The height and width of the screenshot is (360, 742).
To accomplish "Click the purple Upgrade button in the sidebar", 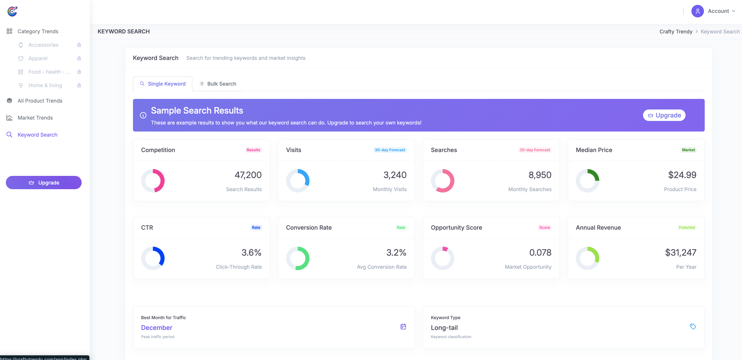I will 44,183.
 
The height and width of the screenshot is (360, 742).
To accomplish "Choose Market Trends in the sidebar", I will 35,118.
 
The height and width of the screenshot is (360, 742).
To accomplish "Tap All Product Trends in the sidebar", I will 40,101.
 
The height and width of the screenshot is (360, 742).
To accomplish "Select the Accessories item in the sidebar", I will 43,45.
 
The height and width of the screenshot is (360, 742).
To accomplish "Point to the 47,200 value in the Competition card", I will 248,175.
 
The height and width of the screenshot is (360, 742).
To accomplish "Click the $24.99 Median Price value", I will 682,175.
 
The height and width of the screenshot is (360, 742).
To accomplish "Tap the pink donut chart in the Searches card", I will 442,181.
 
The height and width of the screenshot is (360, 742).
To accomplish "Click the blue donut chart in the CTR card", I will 153,258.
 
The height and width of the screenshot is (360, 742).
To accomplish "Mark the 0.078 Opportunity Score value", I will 540,253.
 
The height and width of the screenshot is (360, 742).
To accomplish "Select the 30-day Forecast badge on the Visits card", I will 390,150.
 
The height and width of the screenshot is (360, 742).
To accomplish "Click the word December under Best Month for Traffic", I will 156,328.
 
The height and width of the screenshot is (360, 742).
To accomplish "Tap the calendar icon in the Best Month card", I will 403,327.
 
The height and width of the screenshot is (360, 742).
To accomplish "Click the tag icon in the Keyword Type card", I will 693,327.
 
